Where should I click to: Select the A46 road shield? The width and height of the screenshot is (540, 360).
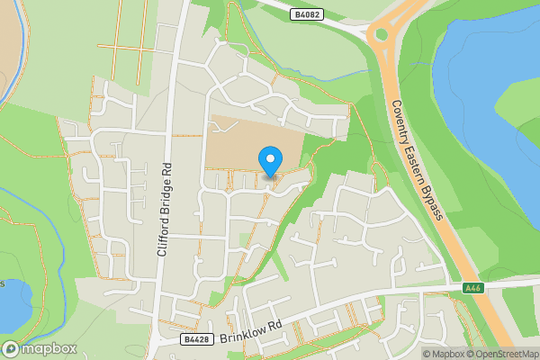click(x=474, y=288)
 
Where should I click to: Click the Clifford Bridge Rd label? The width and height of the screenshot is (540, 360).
click(x=164, y=212)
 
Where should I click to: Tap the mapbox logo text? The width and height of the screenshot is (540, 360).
click(x=48, y=348)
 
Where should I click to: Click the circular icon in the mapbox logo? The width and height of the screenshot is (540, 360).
click(x=12, y=348)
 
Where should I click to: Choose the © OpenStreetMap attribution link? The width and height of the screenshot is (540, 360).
click(x=501, y=354)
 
